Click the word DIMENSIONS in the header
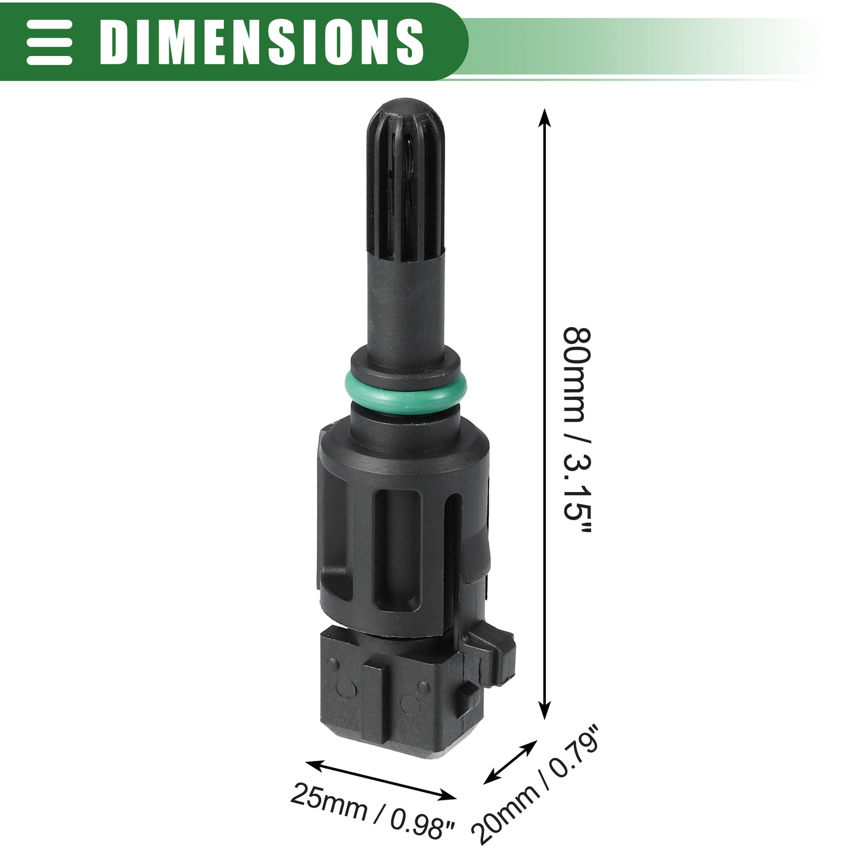point(262,42)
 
